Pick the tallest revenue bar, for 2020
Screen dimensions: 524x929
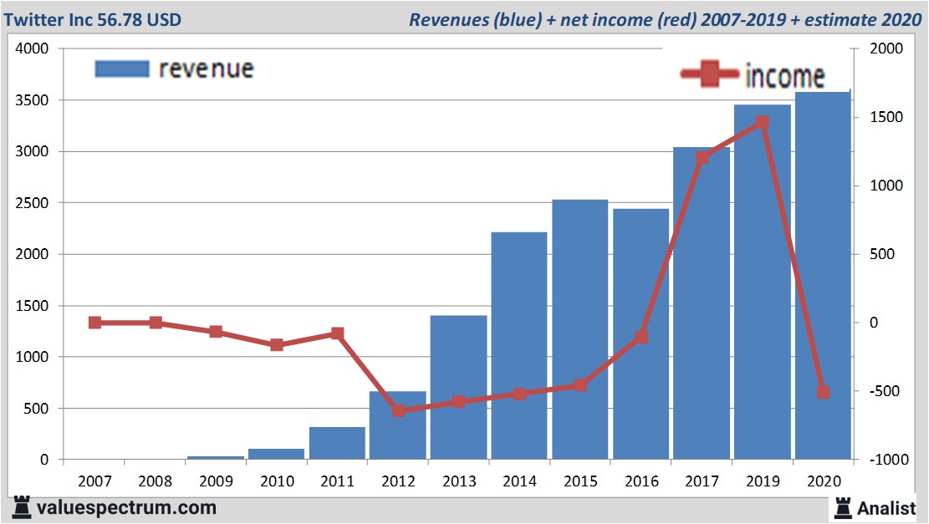tap(823, 275)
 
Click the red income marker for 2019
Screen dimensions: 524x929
tap(762, 122)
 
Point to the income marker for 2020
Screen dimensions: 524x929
tap(823, 392)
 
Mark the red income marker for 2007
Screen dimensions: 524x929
tap(94, 323)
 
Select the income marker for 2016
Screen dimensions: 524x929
tap(641, 337)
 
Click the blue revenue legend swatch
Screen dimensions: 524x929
tap(122, 69)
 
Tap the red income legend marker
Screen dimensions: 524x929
tap(710, 74)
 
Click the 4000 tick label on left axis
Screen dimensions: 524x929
tap(33, 49)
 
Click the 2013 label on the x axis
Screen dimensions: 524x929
tap(458, 482)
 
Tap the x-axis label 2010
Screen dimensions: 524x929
tap(277, 482)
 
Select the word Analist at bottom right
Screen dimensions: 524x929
tap(886, 507)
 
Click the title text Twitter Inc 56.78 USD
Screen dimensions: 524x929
tap(91, 19)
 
